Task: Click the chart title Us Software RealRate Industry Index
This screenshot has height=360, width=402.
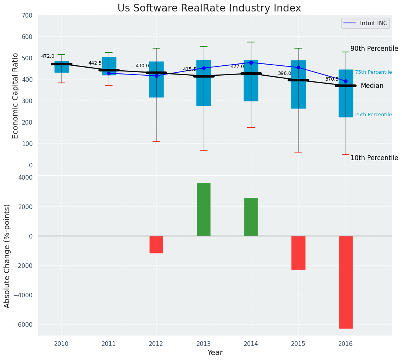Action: coord(209,8)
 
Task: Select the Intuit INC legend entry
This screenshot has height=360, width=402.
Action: coord(365,23)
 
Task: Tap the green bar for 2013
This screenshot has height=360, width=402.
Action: coord(204,209)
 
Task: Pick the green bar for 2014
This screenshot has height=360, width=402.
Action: coord(251,217)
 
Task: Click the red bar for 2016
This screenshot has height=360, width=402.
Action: coord(346,282)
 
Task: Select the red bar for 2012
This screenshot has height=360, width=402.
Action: coord(156,245)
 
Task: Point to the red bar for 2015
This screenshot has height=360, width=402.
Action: coord(298,253)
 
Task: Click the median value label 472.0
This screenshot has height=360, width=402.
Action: coord(48,57)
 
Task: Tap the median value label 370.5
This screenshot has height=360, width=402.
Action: coord(332,79)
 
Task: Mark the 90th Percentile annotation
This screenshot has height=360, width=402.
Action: coord(374,49)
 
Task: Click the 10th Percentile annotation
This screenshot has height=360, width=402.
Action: coord(374,158)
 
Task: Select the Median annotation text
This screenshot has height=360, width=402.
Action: coord(372,86)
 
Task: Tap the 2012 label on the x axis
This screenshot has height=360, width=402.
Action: coord(156,344)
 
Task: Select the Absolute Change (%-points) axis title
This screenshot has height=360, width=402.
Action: coord(7,256)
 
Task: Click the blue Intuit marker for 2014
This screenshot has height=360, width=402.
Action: coord(251,63)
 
